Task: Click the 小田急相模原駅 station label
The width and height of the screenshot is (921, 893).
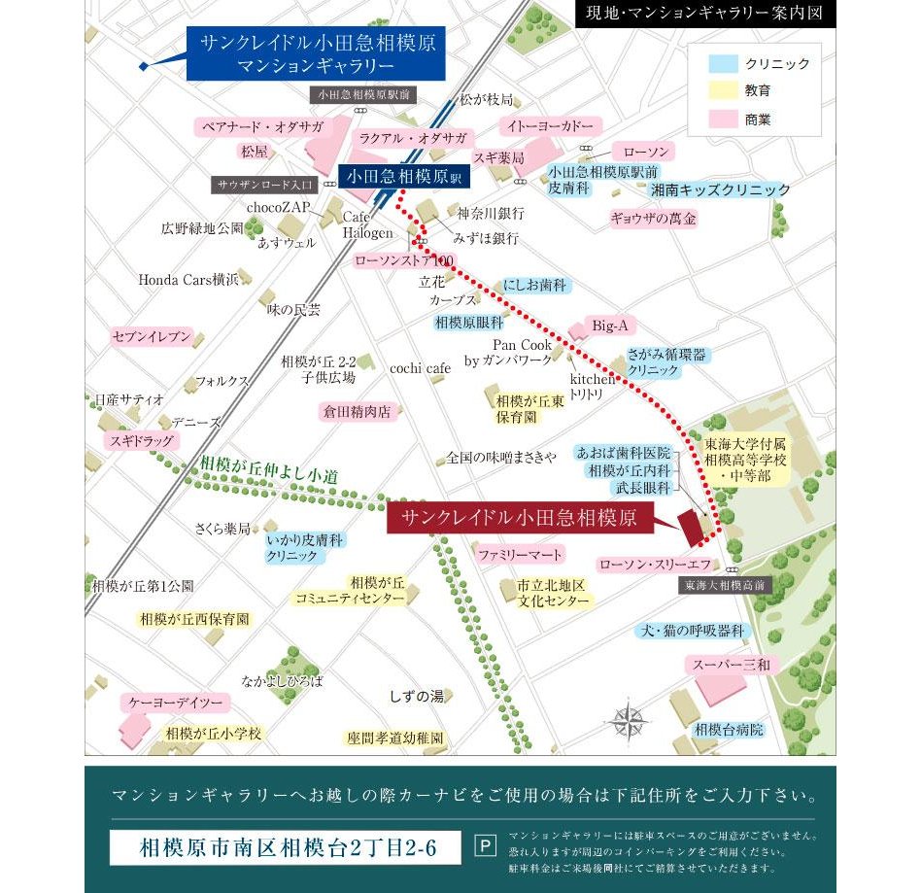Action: pyautogui.click(x=402, y=177)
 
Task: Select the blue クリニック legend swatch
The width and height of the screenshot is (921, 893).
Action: pyautogui.click(x=722, y=64)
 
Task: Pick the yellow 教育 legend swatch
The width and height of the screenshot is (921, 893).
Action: pyautogui.click(x=722, y=91)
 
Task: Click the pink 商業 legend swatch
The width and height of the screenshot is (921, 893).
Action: pyautogui.click(x=722, y=120)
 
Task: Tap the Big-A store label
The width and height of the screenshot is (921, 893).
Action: pyautogui.click(x=610, y=325)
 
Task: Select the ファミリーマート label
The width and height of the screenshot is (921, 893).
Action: pyautogui.click(x=520, y=554)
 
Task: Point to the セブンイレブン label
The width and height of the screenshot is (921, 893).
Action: pyautogui.click(x=152, y=336)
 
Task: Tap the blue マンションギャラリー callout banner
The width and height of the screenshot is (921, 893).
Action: pyautogui.click(x=316, y=54)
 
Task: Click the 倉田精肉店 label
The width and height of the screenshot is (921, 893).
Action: pyautogui.click(x=357, y=411)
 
